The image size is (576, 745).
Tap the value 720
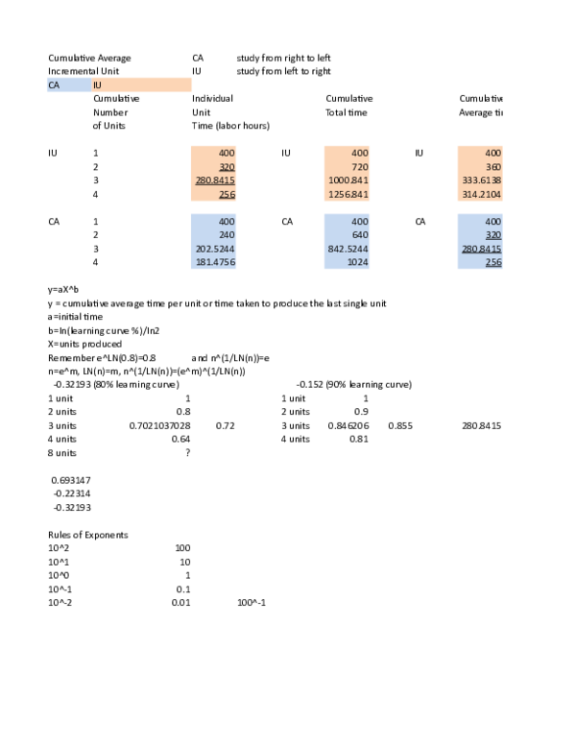359,167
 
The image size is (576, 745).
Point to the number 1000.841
348,180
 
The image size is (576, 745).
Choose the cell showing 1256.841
348,194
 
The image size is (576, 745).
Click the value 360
492,167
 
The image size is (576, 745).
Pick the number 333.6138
482,180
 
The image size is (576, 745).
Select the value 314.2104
482,194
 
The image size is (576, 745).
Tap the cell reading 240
227,235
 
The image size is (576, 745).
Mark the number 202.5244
215,249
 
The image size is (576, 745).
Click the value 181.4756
215,262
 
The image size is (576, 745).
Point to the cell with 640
359,235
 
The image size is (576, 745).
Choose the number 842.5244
348,249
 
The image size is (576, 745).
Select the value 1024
357,262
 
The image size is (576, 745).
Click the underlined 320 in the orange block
227,167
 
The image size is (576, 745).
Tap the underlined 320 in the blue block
492,235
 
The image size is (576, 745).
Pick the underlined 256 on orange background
227,194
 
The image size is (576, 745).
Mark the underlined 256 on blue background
492,262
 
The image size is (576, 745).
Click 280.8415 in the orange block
215,180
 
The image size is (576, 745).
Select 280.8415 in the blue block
482,249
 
